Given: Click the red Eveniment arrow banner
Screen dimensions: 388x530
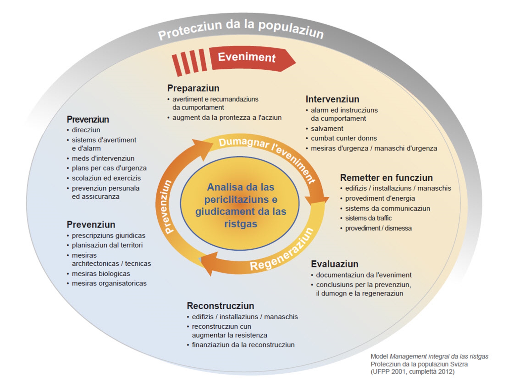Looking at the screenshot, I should point(247,58).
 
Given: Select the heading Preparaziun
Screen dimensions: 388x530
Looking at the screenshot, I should point(193,88).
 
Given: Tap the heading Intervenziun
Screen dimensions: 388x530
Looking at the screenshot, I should point(332,99).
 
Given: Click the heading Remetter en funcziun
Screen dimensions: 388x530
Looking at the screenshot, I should point(386,178).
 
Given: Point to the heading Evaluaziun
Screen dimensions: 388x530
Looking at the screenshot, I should point(335,264).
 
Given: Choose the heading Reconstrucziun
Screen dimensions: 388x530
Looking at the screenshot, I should point(220,306).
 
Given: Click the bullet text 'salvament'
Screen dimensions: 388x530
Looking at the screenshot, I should point(327,128).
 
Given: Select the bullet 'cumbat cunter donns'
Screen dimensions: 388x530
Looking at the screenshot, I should point(344,138).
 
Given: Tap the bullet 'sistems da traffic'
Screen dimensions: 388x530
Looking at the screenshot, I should point(368,218).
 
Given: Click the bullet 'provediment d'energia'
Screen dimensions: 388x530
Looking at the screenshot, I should point(380,198).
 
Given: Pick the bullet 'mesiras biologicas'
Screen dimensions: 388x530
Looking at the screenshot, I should point(101,274).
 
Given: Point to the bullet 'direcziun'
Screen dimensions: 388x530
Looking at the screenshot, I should point(86,130).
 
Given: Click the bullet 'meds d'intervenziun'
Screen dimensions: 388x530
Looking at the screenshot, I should point(103,158).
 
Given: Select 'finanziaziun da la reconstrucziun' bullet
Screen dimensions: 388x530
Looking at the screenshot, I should point(243,345).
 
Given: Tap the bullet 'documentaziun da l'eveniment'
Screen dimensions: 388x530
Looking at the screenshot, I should point(364,275).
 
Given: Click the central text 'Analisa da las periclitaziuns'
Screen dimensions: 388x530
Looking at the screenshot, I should point(241,193).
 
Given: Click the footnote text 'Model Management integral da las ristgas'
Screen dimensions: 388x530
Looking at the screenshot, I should point(429,356).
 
